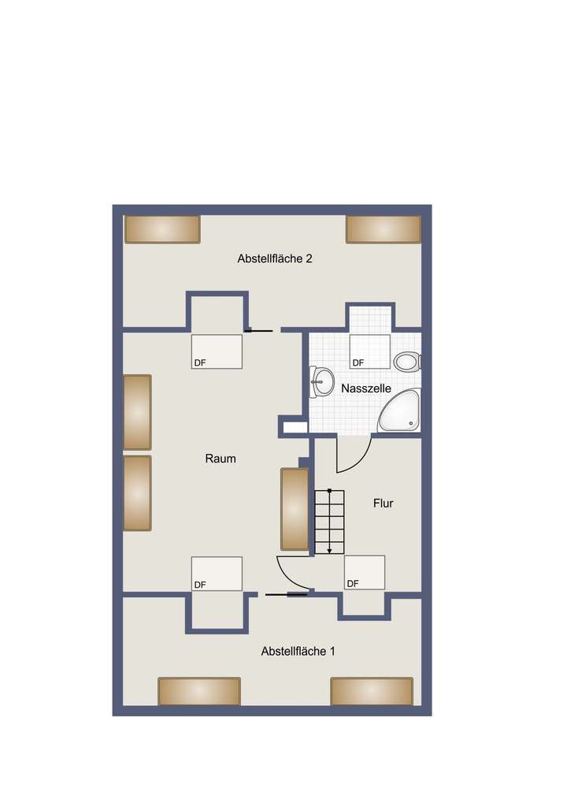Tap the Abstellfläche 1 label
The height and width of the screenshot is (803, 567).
pos(298,652)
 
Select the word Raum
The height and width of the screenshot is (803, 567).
pos(220,459)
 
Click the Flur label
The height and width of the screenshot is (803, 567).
pos(383,504)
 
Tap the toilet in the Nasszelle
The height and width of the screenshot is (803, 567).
pos(407,362)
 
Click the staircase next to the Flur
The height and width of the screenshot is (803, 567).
pos(330,522)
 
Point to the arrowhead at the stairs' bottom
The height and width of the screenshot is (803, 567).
pos(330,550)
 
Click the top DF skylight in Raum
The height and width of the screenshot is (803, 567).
pos(217,351)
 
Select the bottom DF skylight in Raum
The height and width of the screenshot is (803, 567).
pos(217,574)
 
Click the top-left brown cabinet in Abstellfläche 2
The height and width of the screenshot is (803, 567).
pos(162,229)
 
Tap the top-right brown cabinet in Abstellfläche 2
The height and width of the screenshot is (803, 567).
pos(383,229)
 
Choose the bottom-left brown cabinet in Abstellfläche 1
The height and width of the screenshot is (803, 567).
pos(199,691)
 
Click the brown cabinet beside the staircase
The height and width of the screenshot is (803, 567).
pos(295,509)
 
